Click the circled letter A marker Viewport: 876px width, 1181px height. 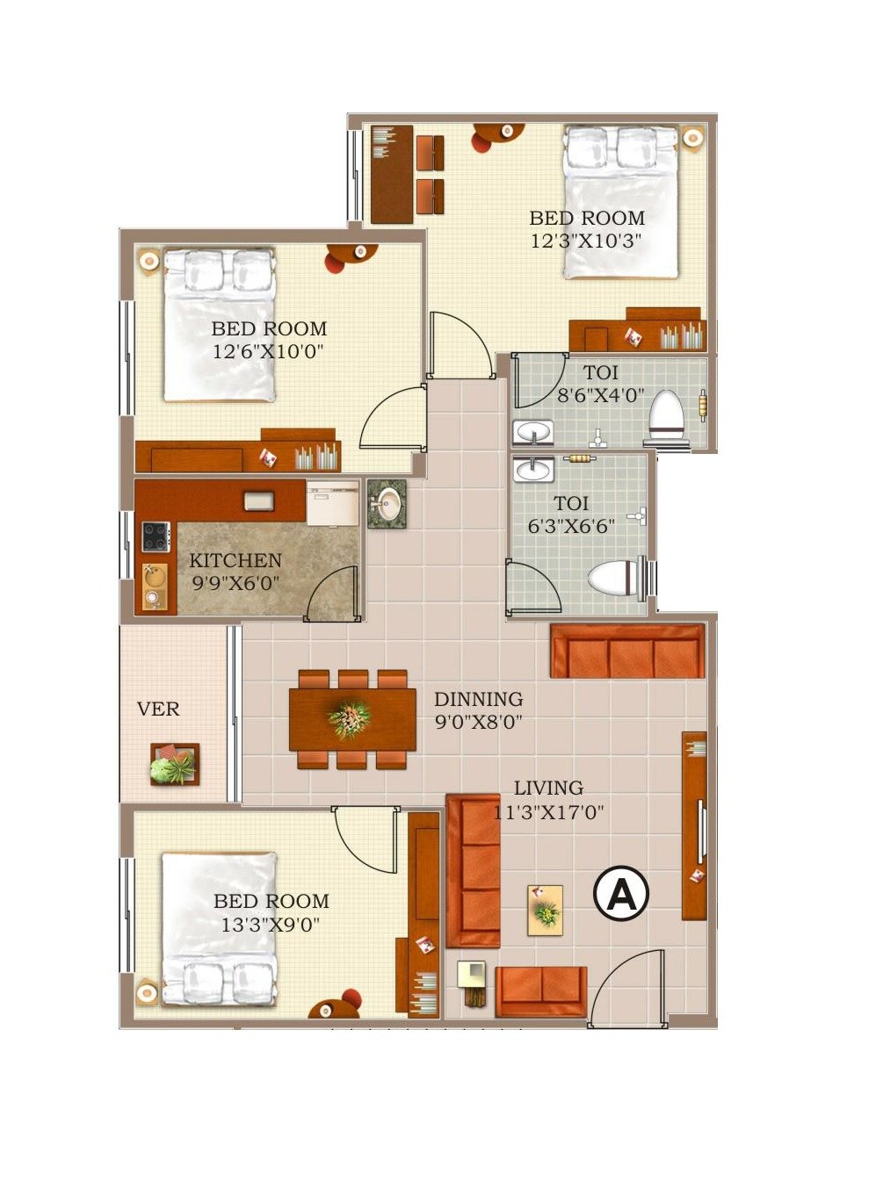621,894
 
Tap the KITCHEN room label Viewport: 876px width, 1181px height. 235,560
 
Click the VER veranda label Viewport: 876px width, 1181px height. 158,709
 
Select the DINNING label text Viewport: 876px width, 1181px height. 478,699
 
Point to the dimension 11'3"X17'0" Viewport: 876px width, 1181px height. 548,812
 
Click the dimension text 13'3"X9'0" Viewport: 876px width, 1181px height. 270,925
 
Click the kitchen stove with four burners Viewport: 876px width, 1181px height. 156,536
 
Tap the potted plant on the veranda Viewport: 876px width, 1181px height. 174,765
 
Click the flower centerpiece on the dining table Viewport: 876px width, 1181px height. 350,719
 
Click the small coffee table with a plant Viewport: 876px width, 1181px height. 545,911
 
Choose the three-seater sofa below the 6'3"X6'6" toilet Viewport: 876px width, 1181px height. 627,652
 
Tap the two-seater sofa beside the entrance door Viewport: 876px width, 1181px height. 540,990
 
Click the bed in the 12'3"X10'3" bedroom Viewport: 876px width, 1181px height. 621,202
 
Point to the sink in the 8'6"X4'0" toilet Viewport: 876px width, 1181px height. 532,432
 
